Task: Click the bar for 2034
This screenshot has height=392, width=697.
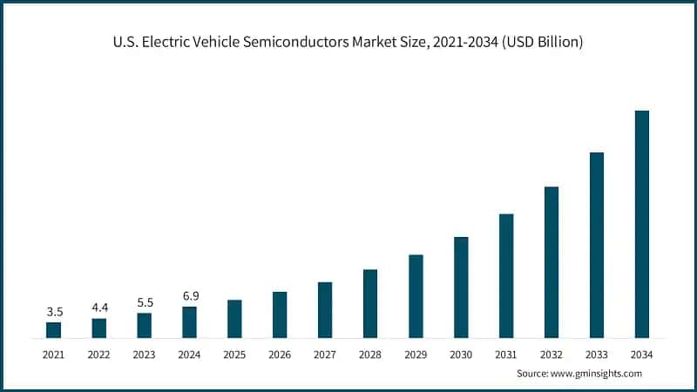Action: [x=642, y=224]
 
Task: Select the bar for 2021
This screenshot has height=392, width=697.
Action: [x=53, y=329]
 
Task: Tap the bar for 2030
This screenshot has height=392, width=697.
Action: [x=461, y=287]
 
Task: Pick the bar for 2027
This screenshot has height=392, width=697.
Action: [x=325, y=309]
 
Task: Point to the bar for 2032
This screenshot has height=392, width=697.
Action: [x=552, y=261]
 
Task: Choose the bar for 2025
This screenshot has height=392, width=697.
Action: [x=234, y=318]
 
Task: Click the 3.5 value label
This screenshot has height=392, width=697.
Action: [x=53, y=312]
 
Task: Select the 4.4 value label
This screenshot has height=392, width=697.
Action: [x=98, y=308]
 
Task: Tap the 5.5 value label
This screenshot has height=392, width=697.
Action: [x=144, y=302]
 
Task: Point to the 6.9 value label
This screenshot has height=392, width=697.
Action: [x=189, y=296]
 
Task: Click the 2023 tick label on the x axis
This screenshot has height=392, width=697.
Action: [x=144, y=355]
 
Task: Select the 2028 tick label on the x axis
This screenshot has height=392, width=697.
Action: [x=370, y=355]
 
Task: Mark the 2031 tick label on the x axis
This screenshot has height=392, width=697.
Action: [x=506, y=355]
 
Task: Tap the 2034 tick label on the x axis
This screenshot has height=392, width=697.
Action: [x=642, y=355]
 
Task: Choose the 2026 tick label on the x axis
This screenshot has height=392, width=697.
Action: [x=280, y=355]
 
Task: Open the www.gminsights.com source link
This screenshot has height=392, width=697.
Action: [x=596, y=374]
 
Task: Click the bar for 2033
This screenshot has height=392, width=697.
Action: [x=597, y=245]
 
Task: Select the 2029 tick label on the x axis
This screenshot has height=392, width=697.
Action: [x=416, y=355]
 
